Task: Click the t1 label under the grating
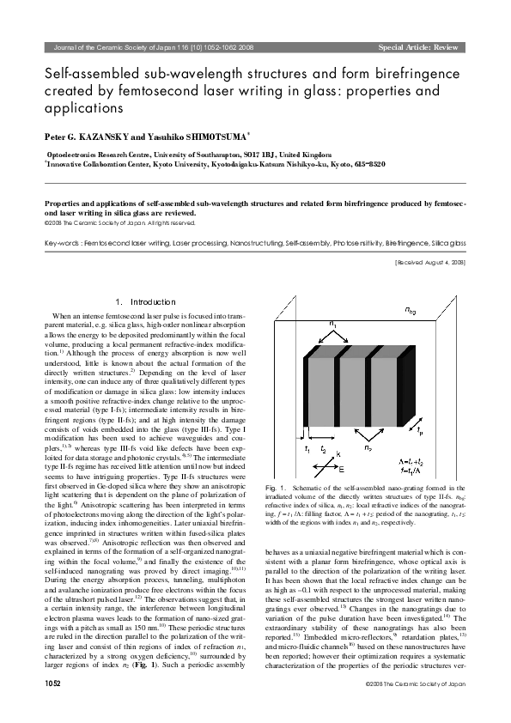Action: (x=307, y=447)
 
